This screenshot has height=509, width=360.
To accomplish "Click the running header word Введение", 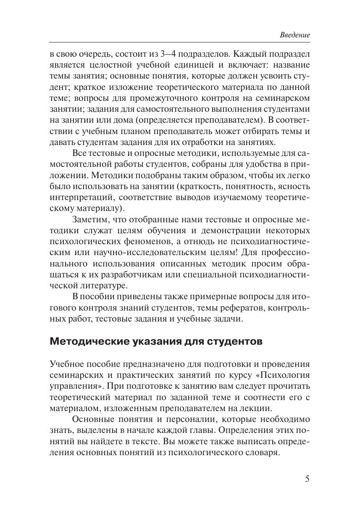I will click(x=295, y=35).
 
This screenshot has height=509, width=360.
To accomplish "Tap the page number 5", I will click(x=307, y=479).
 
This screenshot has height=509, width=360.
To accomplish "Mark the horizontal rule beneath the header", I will click(x=180, y=42).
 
